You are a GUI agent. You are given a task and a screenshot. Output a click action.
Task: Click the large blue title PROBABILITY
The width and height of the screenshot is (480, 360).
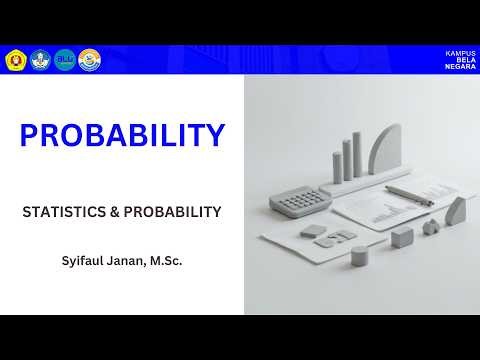pyautogui.click(x=122, y=134)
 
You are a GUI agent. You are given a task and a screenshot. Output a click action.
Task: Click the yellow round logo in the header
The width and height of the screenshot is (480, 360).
pyautogui.click(x=16, y=59)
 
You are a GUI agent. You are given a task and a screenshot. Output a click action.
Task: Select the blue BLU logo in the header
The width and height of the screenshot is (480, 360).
pyautogui.click(x=65, y=59)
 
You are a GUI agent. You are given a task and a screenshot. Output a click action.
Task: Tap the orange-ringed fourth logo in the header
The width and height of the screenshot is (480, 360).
pyautogui.click(x=90, y=59)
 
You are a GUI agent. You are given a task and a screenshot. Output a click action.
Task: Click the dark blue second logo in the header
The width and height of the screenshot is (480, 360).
pyautogui.click(x=41, y=59)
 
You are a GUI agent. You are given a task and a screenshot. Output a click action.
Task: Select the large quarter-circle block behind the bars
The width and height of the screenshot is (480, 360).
pyautogui.click(x=386, y=150)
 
